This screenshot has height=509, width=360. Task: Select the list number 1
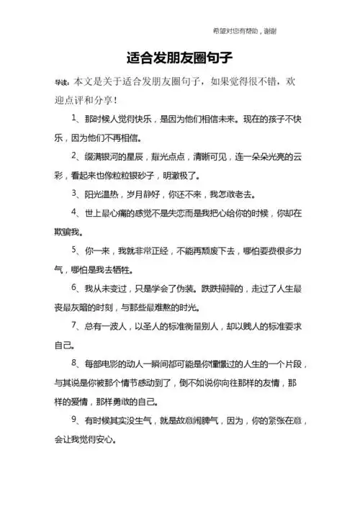74,117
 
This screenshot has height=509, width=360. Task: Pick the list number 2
74,155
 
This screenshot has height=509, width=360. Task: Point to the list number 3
74,194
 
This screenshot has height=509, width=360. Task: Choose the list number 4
74,213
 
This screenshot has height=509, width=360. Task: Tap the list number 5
74,251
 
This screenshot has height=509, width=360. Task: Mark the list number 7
74,328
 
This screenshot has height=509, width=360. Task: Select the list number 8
74,366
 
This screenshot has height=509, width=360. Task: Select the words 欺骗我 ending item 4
66,233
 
